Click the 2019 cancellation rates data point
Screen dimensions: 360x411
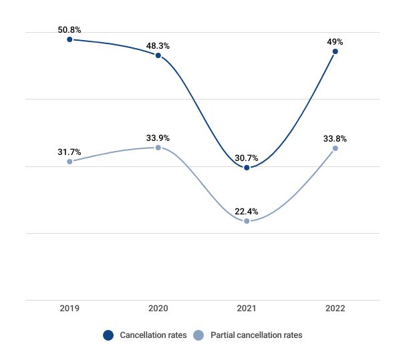70,39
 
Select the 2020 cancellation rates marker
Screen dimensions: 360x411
158,55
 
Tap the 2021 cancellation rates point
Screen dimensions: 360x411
247,168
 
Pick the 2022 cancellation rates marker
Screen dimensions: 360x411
335,51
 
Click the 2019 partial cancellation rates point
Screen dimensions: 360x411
70,162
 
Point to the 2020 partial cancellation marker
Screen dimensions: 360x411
158,148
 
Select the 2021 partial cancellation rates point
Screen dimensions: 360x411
247,221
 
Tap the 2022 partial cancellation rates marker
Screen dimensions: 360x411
335,148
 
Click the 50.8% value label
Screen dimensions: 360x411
70,29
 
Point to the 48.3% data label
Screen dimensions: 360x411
158,46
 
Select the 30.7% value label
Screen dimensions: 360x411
247,158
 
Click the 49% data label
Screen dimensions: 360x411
335,41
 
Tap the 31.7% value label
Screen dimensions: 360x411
70,152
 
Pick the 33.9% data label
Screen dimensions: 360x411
158,138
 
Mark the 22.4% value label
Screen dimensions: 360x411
247,212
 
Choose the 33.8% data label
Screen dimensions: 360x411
335,139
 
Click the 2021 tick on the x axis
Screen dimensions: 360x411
247,309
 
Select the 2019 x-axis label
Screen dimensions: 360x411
70,309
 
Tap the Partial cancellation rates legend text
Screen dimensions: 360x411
256,335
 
